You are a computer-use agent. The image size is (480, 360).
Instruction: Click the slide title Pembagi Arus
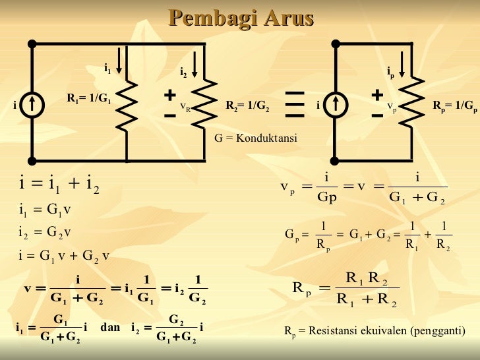point(240,18)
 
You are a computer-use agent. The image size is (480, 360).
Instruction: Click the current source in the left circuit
point(32,105)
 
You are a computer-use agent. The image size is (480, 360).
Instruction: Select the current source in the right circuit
point(336,104)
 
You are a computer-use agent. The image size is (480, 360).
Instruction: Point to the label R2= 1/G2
point(247,105)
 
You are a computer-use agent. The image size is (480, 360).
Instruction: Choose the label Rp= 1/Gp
point(455,105)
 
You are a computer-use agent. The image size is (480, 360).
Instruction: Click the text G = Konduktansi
point(256,138)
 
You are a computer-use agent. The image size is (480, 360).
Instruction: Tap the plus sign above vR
point(170,96)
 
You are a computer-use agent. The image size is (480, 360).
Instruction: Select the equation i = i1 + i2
point(59,184)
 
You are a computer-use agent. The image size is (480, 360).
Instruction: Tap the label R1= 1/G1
point(89,99)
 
